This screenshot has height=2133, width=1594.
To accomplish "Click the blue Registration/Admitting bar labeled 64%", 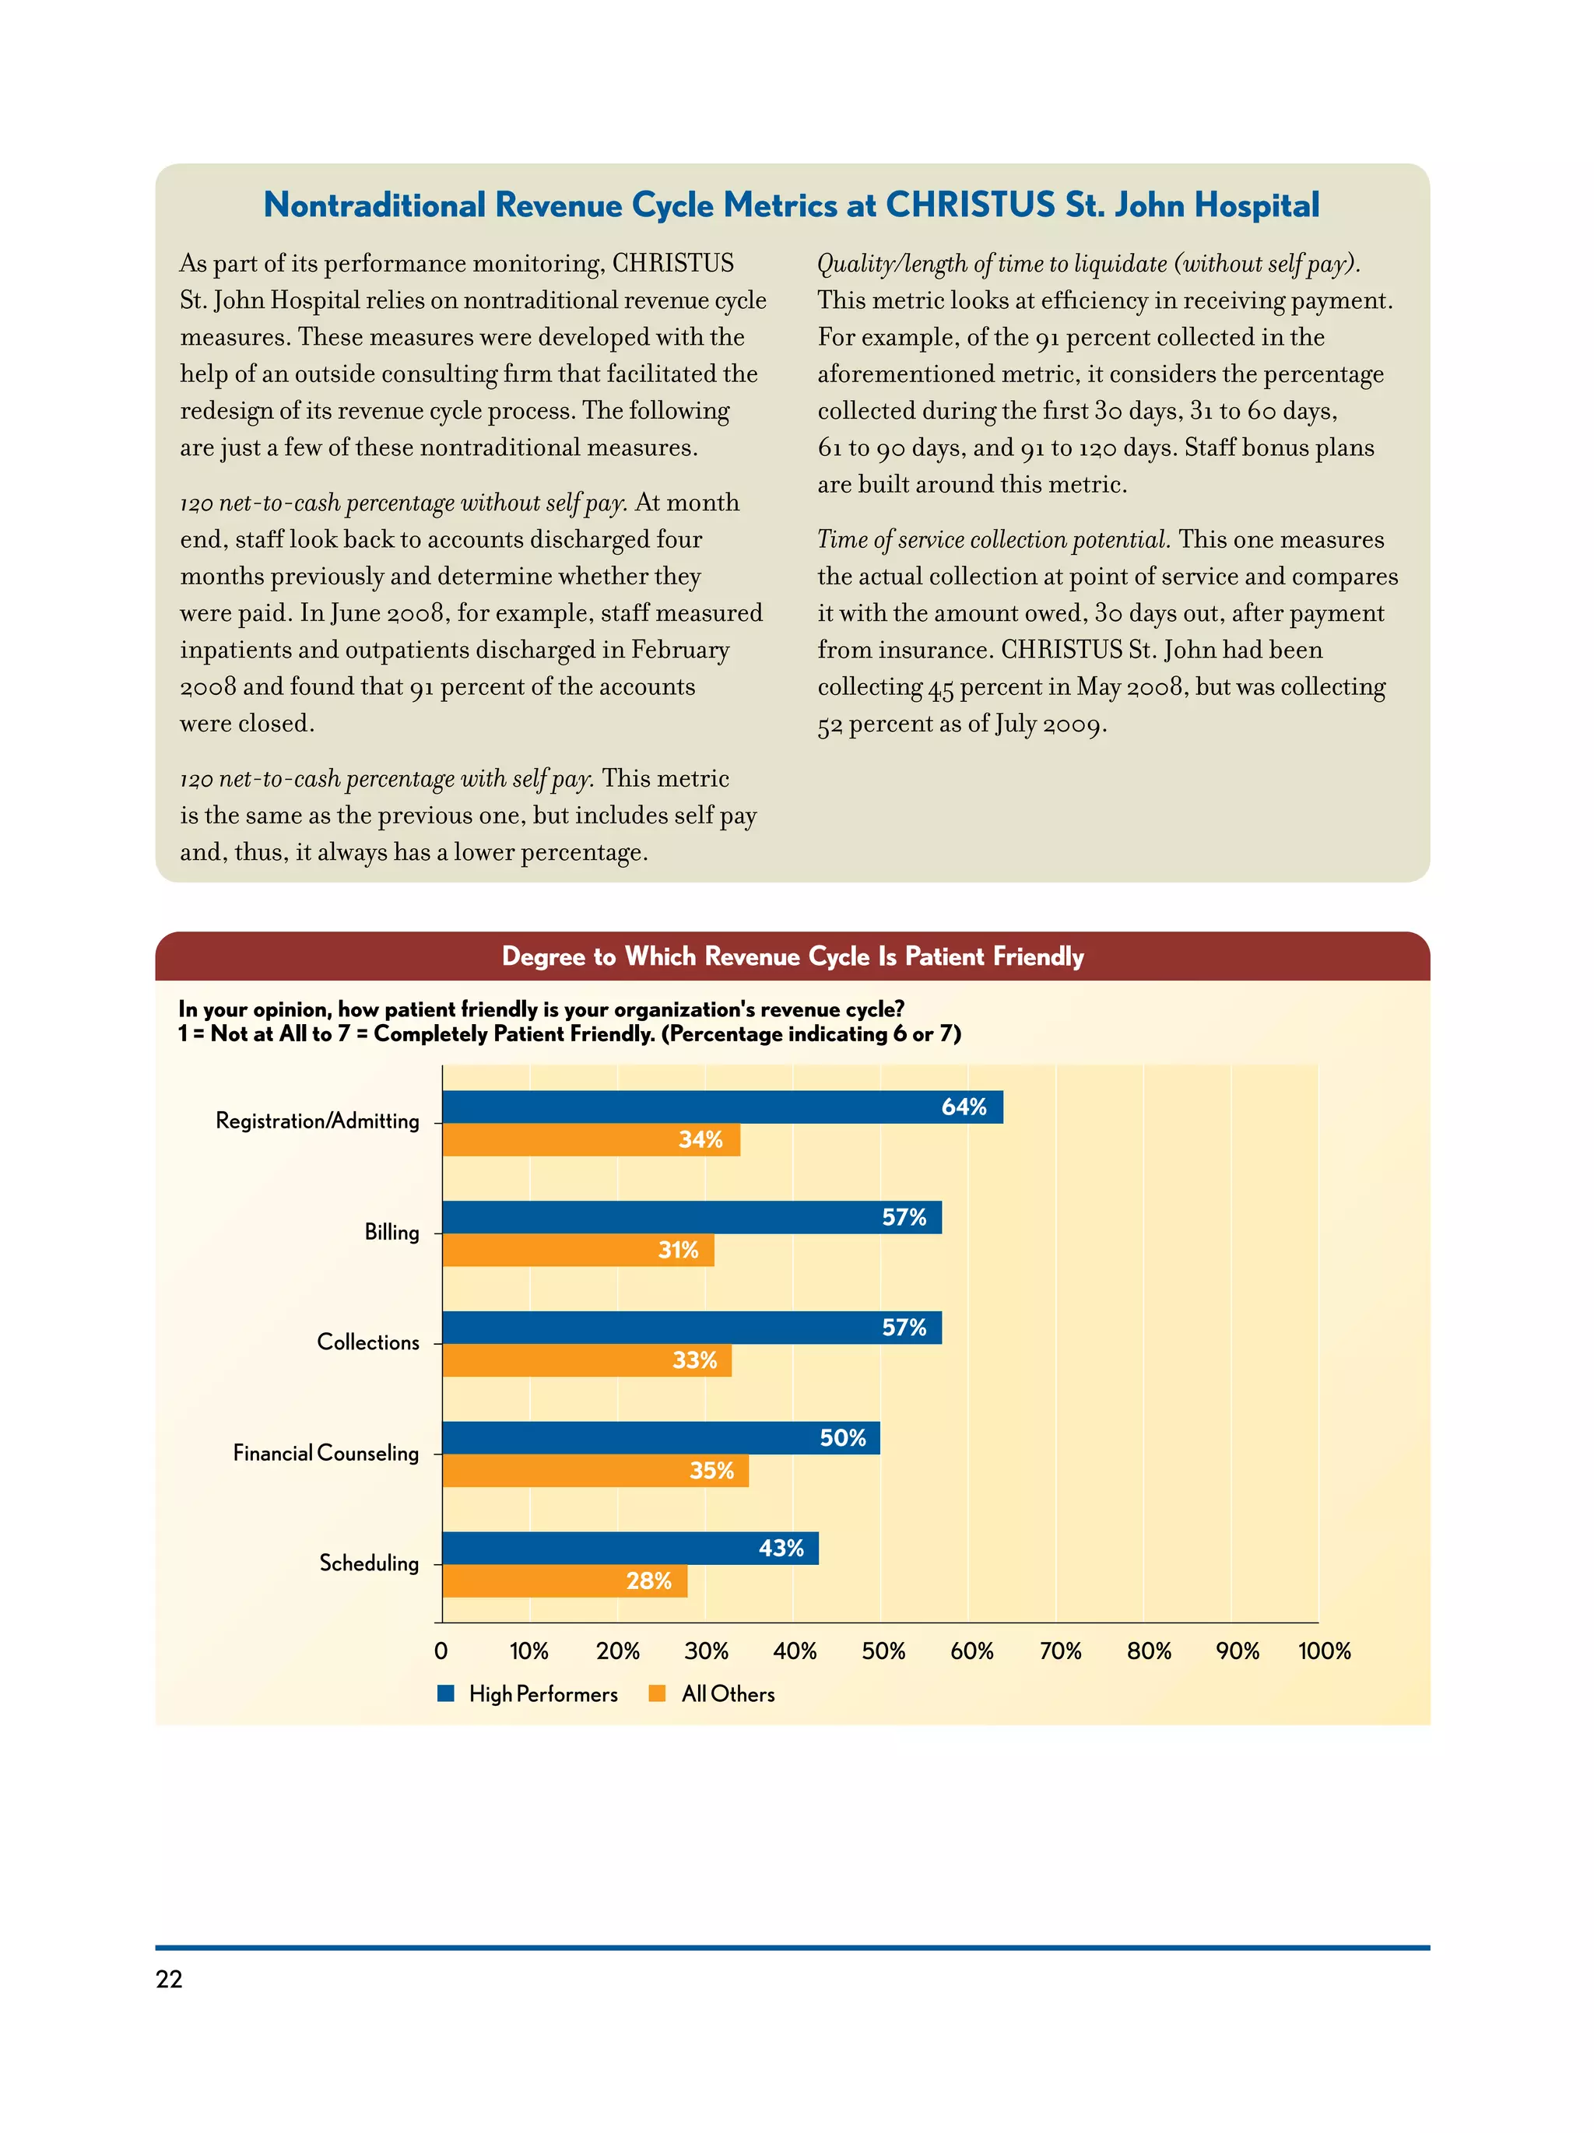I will coord(722,1107).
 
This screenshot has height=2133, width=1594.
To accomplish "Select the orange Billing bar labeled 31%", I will coord(578,1250).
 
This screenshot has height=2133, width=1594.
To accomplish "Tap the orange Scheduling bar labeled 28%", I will coord(564,1580).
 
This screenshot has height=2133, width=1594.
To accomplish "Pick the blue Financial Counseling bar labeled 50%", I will coord(661,1438).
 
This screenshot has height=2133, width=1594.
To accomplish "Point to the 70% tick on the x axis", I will coord(1060,1651).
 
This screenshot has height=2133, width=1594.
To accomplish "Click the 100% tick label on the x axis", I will coord(1324,1651).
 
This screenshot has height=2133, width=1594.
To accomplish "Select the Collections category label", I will coord(367,1342).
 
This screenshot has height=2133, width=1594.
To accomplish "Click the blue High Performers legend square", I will coord(445,1693).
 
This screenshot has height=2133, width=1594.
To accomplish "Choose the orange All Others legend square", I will coord(658,1693).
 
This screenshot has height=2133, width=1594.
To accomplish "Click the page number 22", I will coord(169,1979).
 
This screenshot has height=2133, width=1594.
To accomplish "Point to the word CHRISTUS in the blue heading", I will coord(970,205).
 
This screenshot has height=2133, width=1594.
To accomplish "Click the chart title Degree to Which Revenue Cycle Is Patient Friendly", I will coord(792,956).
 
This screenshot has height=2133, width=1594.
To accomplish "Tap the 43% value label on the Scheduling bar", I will coord(781,1548).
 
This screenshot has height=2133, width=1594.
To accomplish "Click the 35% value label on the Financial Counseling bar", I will coord(711,1471).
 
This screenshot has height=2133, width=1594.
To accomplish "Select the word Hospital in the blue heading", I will coord(1256,205).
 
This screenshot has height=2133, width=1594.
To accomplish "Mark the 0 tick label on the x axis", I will coord(441,1651).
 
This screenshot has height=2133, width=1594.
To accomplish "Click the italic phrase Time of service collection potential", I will coord(992,539).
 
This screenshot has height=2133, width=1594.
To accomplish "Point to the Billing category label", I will coord(391,1233).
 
